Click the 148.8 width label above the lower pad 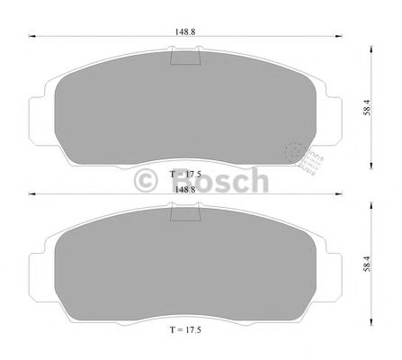(x=185, y=190)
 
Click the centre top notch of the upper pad (x=186, y=58)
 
